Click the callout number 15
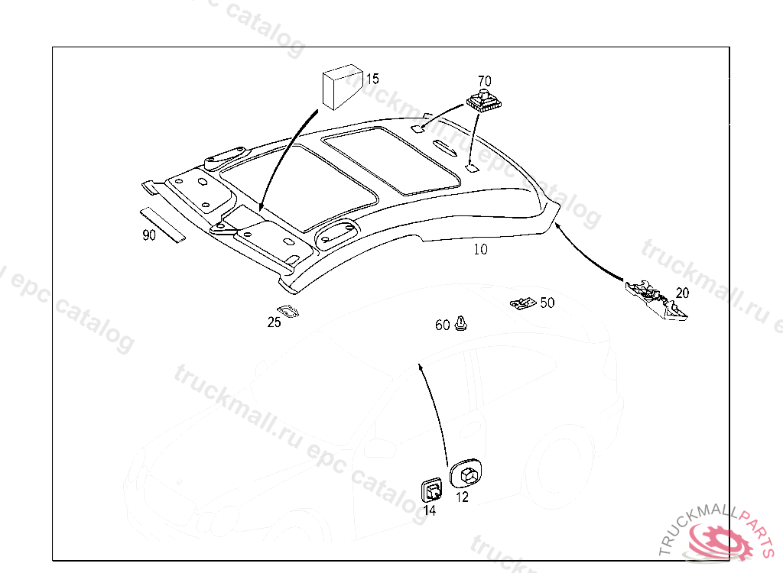[x=372, y=79]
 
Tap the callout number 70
[x=485, y=80]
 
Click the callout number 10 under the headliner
[x=480, y=249]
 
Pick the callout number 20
[x=682, y=293]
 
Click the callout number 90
[x=149, y=235]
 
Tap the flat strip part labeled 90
[x=163, y=225]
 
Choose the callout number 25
[x=274, y=322]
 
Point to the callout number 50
[x=547, y=303]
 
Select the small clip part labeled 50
[x=523, y=303]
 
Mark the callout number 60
[x=442, y=325]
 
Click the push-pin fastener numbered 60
[x=461, y=323]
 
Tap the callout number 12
[x=462, y=497]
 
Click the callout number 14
[x=430, y=510]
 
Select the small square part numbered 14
[x=432, y=488]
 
